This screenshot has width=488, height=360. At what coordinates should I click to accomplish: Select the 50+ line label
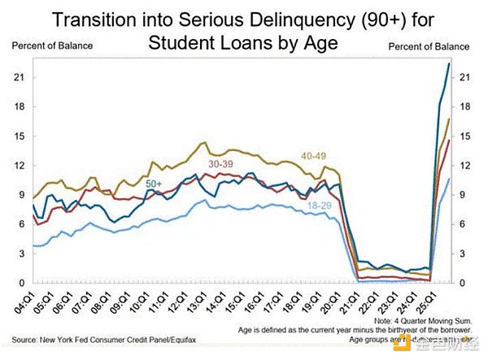coord(155,184)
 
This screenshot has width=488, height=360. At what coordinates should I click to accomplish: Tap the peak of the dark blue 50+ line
coord(449,64)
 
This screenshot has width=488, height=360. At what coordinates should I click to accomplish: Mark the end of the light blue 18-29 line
coord(449,179)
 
